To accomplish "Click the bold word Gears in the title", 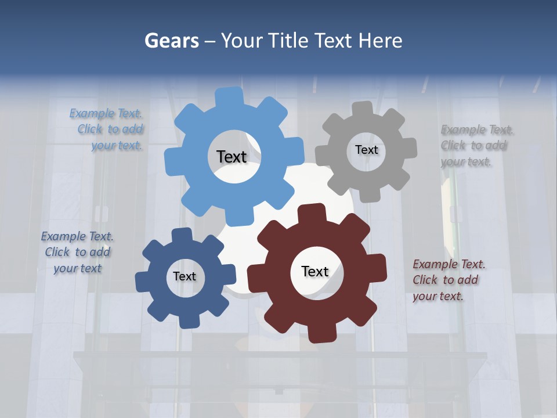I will tap(172, 41).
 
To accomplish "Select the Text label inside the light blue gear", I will tap(232, 157).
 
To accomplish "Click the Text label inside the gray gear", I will tap(366, 150).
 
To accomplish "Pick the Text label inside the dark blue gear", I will tap(185, 276).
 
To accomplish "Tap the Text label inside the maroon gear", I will tap(315, 271).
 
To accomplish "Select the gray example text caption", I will tap(476, 146).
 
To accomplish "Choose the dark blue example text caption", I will tap(77, 253).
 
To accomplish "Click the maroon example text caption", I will tap(448, 280).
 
